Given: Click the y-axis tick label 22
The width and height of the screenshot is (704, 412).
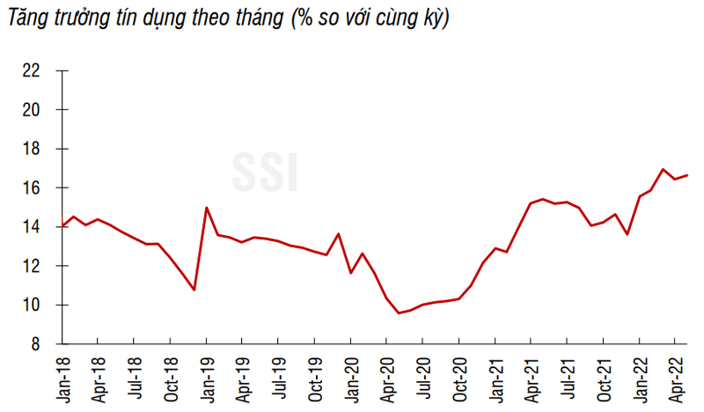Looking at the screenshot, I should pos(31,71).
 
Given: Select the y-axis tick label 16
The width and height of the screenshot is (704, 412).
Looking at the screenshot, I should pos(31,188).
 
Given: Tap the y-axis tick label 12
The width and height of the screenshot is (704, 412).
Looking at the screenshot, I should pos(31,266).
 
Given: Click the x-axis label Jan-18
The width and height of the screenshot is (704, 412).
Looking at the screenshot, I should pos(62,379).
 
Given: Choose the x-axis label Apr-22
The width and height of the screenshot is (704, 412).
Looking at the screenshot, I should pos(675,379).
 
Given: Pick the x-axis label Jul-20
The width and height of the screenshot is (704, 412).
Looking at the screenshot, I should pos(424,379).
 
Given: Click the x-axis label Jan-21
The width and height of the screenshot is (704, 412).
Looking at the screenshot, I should pos(496,379).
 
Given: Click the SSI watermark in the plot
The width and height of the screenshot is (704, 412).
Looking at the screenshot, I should pos(265,172).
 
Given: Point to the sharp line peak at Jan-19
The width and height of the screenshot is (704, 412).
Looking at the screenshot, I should pos(206,208).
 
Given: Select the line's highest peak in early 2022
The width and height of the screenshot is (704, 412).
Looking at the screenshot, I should pos(662,169).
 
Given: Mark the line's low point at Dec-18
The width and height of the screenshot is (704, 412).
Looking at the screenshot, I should pos(194,290).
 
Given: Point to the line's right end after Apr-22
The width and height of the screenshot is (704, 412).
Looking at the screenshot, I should pos(687,175).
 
